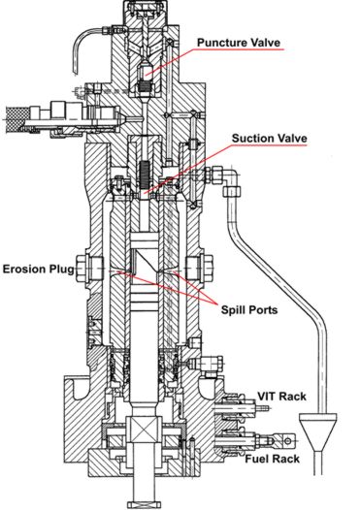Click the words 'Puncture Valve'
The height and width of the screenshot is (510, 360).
click(x=239, y=43)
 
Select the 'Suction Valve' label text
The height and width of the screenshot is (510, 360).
click(x=270, y=139)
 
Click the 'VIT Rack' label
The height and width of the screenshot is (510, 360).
click(x=280, y=396)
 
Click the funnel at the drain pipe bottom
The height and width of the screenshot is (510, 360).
click(x=315, y=428)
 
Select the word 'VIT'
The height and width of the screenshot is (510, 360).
click(x=268, y=396)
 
